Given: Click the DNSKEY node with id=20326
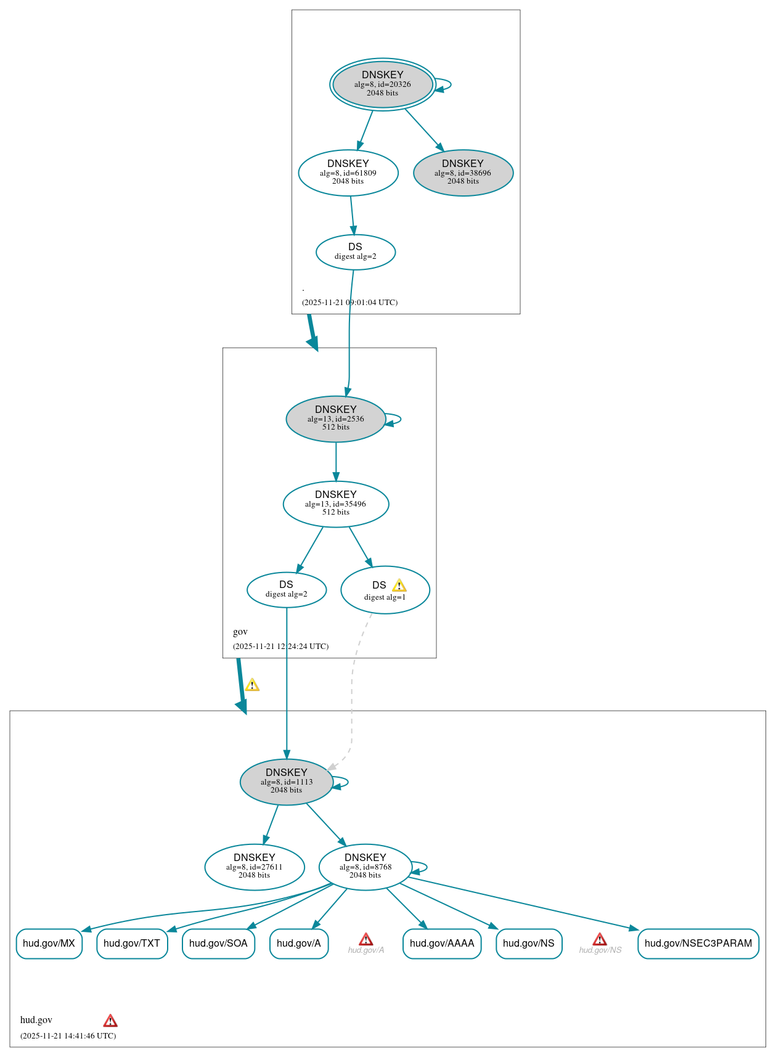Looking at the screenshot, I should tap(382, 84).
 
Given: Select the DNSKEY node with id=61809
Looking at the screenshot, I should tap(348, 173).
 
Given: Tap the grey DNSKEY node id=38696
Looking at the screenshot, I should tap(463, 173).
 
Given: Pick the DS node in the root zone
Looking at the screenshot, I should tap(355, 251).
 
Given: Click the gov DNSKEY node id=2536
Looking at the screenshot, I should tap(336, 418).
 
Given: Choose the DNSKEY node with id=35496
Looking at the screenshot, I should tap(336, 504).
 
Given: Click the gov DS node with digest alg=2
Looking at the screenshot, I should tap(287, 589).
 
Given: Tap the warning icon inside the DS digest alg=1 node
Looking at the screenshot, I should tap(399, 586).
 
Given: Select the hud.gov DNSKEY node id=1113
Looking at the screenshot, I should tap(287, 782).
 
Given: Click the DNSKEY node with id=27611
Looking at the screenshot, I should tap(255, 867).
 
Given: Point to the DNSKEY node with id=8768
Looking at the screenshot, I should tap(366, 867).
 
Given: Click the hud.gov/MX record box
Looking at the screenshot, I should tap(49, 944).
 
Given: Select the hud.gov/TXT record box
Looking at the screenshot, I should tap(132, 944).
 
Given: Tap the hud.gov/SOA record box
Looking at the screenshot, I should tap(218, 944).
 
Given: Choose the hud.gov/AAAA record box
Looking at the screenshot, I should tap(442, 944).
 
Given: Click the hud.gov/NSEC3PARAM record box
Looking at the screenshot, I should tap(698, 944).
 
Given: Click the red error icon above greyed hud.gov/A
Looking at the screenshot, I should tap(366, 939).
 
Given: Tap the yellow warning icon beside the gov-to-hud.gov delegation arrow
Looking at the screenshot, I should tap(252, 685).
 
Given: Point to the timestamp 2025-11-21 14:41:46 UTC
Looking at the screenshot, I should tap(68, 1035).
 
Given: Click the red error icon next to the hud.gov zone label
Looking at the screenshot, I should tap(110, 1021).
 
